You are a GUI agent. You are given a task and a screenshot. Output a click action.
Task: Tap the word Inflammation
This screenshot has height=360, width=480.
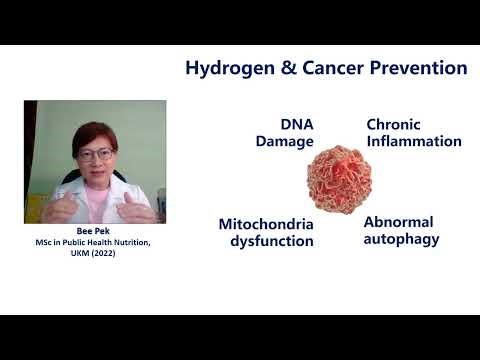(414, 142)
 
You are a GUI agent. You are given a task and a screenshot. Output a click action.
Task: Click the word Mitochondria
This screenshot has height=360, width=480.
(266, 224)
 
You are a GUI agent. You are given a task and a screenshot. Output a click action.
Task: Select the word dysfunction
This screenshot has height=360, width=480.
(267, 241)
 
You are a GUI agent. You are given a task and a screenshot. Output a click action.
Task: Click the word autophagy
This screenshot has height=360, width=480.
(401, 239)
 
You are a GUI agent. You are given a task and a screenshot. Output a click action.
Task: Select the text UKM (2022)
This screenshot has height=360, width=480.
(95, 254)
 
